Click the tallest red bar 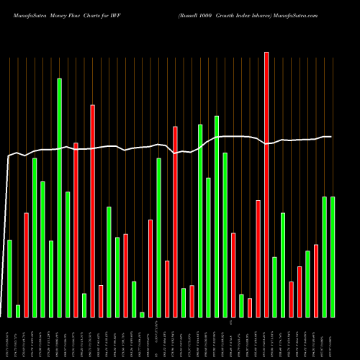pyautogui.click(x=266, y=184)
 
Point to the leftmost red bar pyautogui.click(x=26, y=264)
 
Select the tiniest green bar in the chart pyautogui.click(x=142, y=314)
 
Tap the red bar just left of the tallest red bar pyautogui.click(x=258, y=258)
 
